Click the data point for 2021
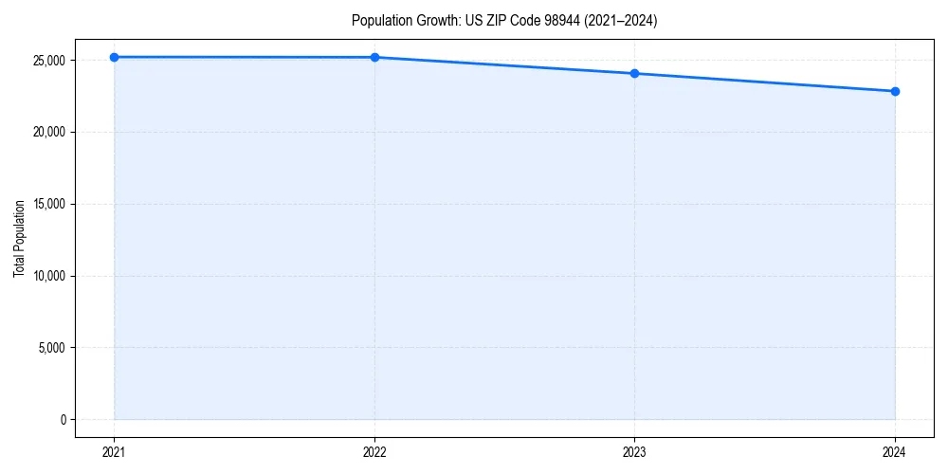pos(114,57)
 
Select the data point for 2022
pos(374,57)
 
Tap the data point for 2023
pos(634,73)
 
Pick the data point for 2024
pos(895,91)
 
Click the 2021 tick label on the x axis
pos(114,452)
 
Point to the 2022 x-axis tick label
pos(374,452)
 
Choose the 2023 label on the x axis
pos(634,452)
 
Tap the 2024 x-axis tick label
pos(895,452)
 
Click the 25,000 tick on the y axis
pos(48,60)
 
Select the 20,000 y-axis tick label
pos(48,132)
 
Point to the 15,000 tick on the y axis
pos(48,204)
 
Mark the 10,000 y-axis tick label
pos(48,276)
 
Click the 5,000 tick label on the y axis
pos(51,348)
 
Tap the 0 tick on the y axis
pos(62,420)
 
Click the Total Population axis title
pos(19,238)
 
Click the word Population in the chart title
pos(379,20)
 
